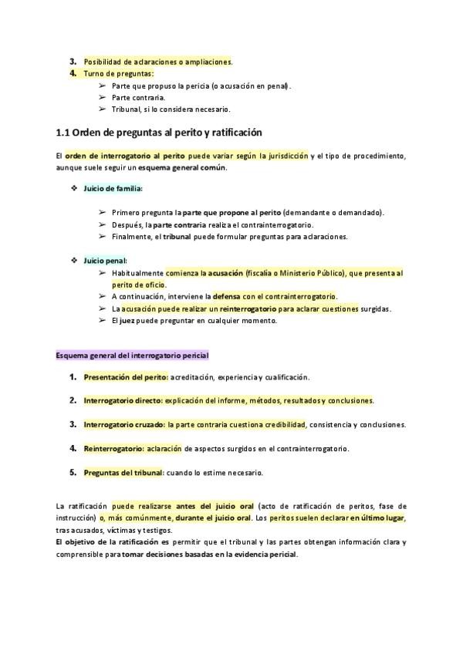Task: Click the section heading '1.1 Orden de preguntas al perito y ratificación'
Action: [x=159, y=133]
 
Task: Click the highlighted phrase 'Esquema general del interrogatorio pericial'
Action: [x=132, y=356]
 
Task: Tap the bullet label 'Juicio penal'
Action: [x=105, y=261]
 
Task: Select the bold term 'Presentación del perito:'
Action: [x=125, y=377]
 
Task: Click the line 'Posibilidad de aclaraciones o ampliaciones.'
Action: [x=157, y=62]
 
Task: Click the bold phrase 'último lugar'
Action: [x=384, y=518]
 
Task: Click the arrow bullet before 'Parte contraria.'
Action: [x=102, y=98]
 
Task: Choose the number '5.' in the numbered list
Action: [x=73, y=472]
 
